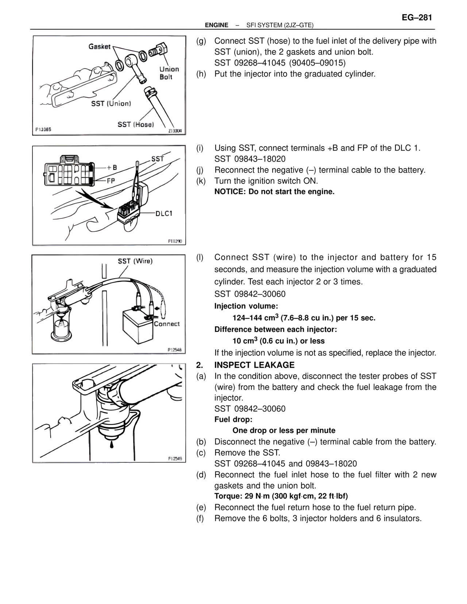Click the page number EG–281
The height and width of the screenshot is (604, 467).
point(417,18)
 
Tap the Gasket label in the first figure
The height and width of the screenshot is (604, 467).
point(99,46)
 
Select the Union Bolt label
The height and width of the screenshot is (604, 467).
point(169,73)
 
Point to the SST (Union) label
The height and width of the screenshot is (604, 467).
point(111,104)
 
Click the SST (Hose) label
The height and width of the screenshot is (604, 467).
point(135,124)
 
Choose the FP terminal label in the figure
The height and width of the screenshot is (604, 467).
point(111,180)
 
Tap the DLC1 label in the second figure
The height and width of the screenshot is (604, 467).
point(164,213)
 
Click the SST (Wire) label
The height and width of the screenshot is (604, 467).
point(135,261)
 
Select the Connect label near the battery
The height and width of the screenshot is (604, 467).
point(166,324)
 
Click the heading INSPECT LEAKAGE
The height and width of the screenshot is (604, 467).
point(254,365)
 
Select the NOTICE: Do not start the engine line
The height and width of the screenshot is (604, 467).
point(274,192)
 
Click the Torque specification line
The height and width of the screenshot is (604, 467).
point(281,496)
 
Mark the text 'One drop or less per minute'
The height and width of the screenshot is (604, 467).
point(284,430)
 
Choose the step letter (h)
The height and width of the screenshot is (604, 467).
point(201,74)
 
